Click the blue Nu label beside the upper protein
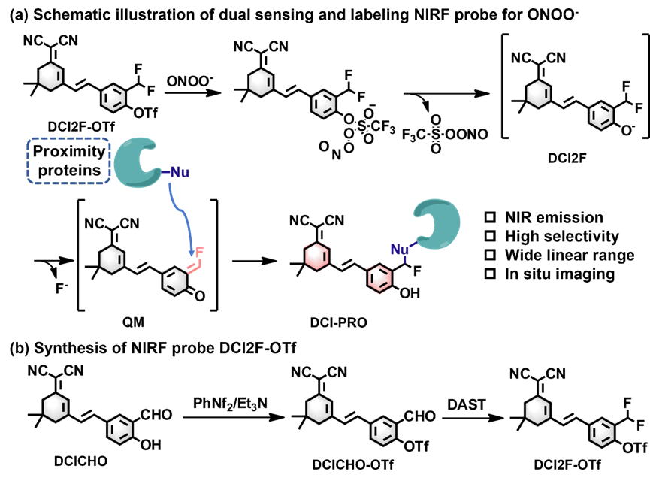180,171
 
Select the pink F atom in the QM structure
199,251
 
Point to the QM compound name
133,322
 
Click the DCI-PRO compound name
338,322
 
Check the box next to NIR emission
490,217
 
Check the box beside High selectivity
490,236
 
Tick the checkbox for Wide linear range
490,255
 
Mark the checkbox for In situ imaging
490,274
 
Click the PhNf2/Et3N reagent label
230,404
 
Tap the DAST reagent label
467,404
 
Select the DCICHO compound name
80,461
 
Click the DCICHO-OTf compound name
352,464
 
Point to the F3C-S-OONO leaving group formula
445,134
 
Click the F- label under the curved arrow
62,288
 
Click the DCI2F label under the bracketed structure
567,158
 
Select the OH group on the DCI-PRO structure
410,293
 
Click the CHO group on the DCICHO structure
156,415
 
